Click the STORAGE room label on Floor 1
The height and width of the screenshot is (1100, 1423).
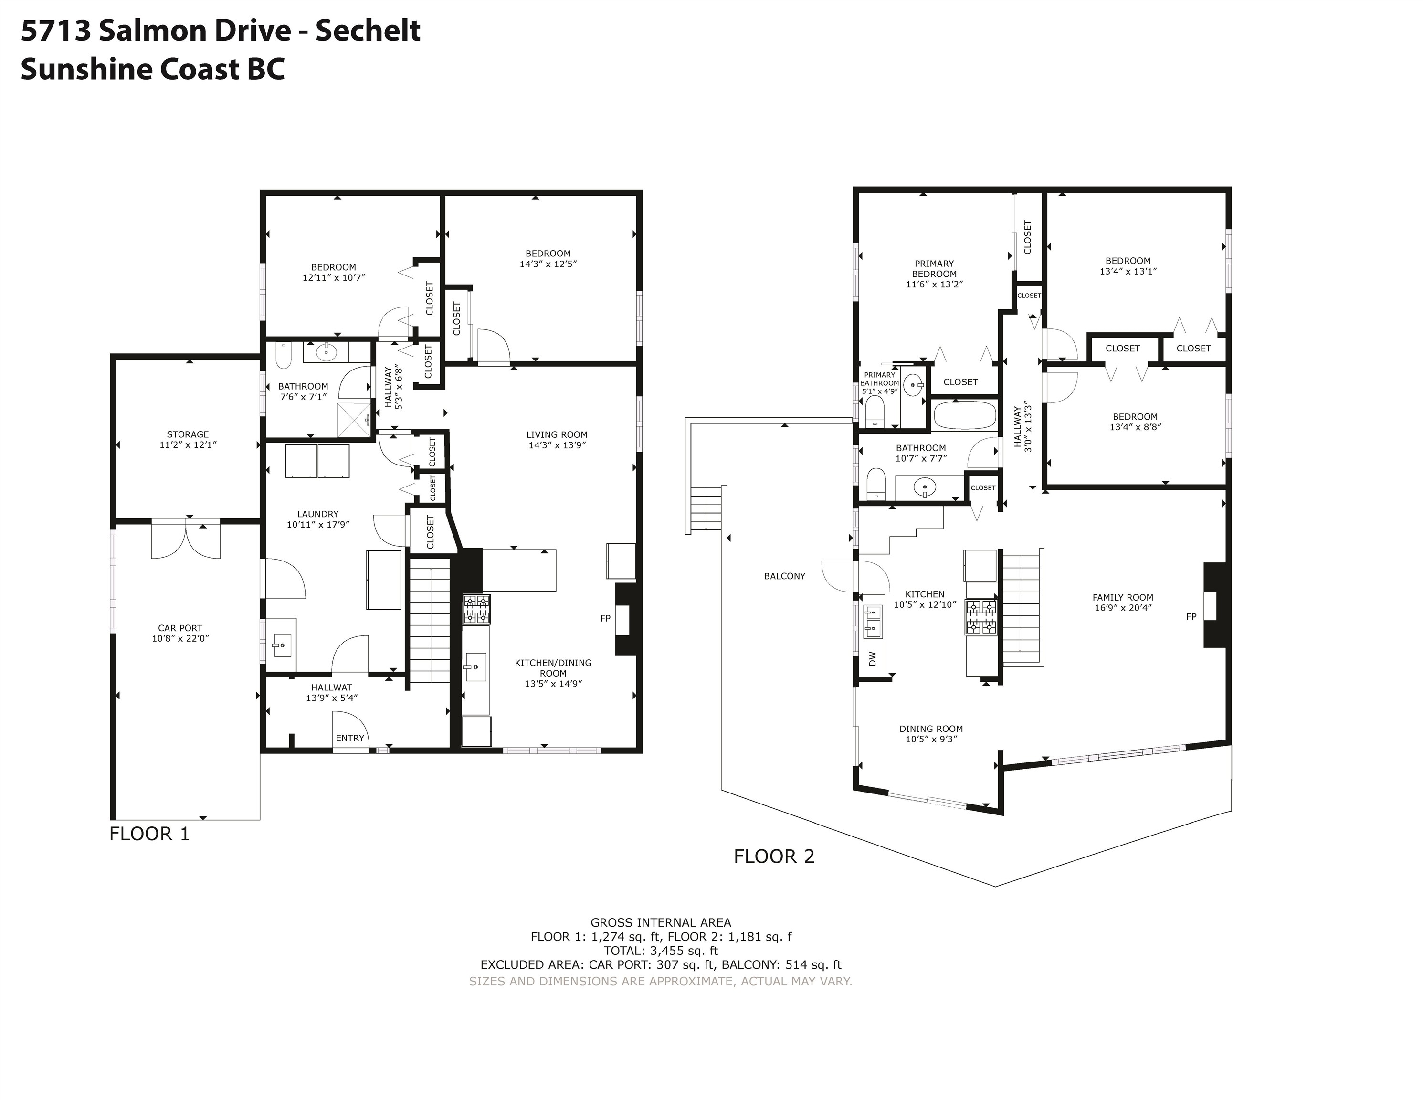tap(188, 434)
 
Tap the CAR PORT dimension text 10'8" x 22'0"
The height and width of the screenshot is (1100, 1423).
tap(180, 639)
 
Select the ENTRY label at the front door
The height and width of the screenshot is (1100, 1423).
tap(350, 738)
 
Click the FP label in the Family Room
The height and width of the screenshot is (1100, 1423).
tap(1191, 616)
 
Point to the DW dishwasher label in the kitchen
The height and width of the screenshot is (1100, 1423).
tap(873, 659)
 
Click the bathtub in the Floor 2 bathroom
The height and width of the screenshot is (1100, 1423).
tap(965, 415)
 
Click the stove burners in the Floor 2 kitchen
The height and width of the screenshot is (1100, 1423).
tap(980, 617)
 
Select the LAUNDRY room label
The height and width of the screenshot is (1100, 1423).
tap(318, 514)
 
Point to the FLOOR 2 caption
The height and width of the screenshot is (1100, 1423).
tap(774, 857)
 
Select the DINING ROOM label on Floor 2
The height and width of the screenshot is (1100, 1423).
tap(931, 729)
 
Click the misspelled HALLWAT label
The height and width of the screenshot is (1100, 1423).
tap(332, 687)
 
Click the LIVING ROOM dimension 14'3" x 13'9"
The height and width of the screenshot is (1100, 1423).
tap(557, 445)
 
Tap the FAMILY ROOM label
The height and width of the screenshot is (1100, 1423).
tap(1123, 597)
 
